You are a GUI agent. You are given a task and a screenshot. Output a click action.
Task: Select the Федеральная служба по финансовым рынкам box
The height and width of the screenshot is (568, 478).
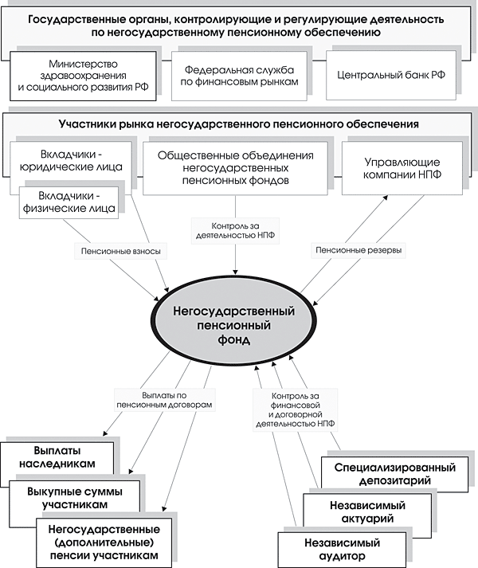coord(237,76)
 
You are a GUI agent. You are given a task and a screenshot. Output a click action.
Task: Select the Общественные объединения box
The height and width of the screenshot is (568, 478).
coord(235,168)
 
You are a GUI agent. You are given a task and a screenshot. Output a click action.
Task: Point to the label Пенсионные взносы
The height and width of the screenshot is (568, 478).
coord(121,251)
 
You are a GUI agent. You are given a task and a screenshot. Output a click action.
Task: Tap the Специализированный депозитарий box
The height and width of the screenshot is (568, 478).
coord(394,473)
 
